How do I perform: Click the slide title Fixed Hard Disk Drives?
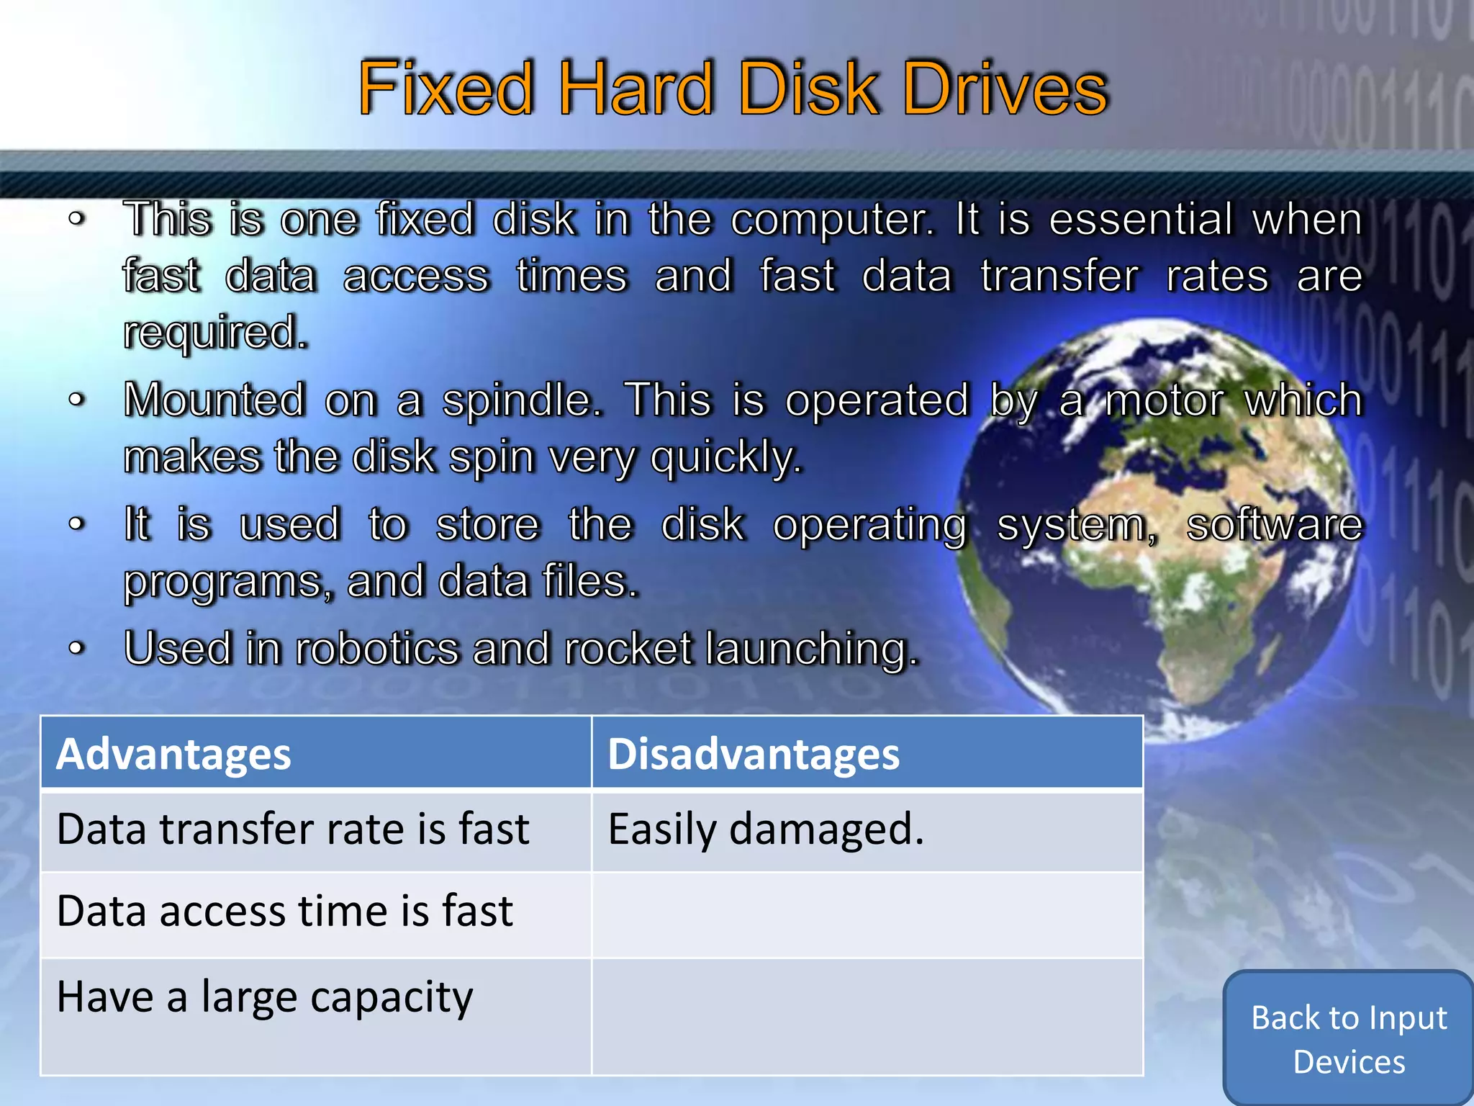point(733,88)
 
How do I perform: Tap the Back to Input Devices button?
point(1349,1039)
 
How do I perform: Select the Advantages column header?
point(173,754)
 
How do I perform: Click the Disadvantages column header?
point(754,754)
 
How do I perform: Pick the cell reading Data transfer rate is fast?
point(293,829)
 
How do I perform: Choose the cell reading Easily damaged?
point(766,829)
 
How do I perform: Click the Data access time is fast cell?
point(285,911)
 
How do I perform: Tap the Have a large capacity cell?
point(265,997)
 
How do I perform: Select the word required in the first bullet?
point(215,333)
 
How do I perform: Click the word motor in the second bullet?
point(1163,400)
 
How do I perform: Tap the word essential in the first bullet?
point(1140,219)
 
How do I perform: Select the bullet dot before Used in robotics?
point(77,648)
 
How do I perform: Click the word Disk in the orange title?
point(809,88)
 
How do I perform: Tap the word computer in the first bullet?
point(832,219)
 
